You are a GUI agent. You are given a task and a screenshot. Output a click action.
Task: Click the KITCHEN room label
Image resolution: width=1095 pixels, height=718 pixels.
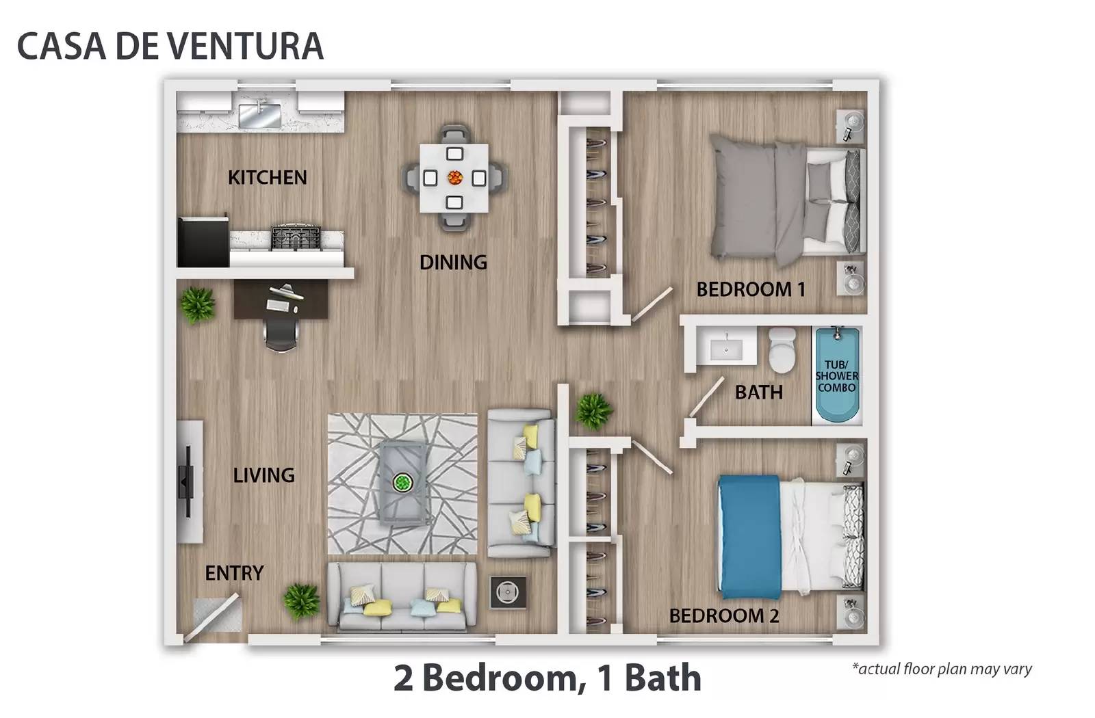coord(268,178)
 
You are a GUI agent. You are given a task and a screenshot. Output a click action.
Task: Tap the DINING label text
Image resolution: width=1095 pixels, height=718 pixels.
coord(453,263)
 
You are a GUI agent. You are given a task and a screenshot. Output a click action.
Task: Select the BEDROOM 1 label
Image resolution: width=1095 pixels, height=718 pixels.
coord(750,290)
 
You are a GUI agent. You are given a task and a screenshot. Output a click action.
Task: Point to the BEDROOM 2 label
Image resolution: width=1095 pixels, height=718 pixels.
coord(724,616)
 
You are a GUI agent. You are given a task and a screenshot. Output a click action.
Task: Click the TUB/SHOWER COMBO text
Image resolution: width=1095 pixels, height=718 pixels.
coord(836,376)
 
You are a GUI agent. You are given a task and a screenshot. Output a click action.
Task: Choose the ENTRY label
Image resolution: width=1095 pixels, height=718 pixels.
coord(234,573)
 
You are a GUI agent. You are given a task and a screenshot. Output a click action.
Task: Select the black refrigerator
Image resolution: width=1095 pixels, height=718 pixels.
coord(203,242)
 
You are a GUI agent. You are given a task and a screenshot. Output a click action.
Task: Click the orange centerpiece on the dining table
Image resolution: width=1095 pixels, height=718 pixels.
coord(455,178)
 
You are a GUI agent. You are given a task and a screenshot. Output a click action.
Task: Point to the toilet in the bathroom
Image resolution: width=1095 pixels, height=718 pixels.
coord(782,350)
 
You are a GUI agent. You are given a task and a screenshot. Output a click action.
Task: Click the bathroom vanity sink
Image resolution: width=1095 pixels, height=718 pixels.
coord(726,348)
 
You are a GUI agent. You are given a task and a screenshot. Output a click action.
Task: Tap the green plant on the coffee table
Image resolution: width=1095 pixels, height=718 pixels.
coord(403,483)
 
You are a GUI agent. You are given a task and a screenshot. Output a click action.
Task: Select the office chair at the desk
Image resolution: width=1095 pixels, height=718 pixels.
coord(281,334)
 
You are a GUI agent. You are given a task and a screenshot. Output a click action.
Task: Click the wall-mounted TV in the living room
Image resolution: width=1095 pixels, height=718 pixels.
coord(185,481)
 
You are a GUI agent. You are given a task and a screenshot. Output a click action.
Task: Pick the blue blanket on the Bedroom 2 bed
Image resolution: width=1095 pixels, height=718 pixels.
coord(749,537)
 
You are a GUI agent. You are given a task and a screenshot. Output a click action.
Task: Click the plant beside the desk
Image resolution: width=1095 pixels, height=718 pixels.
coord(198,305)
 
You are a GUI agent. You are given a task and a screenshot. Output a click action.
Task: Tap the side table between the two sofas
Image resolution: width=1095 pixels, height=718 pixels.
coord(508,592)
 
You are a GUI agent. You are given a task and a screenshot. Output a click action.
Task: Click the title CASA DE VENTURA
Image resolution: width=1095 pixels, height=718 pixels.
coord(170,46)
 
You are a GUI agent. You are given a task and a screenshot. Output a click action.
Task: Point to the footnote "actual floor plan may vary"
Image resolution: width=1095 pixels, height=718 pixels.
coord(942,669)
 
